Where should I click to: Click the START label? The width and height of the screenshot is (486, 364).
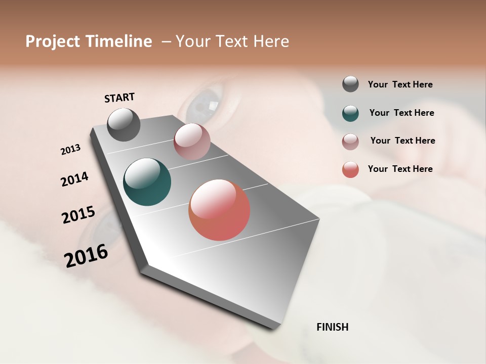click(119, 98)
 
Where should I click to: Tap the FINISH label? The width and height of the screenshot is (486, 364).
click(332, 327)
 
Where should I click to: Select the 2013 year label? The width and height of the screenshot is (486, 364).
click(70, 150)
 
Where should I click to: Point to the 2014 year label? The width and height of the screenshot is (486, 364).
click(74, 179)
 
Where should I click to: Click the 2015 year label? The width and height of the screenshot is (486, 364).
click(78, 215)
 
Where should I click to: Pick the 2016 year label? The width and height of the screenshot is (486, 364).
click(86, 255)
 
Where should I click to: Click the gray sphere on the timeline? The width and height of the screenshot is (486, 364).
click(124, 124)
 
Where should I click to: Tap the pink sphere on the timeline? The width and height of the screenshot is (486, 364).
click(192, 141)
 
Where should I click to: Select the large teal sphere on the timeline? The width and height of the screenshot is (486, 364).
click(147, 182)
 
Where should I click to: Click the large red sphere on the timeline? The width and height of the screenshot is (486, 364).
click(219, 210)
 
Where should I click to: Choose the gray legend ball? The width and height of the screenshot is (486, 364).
click(350, 84)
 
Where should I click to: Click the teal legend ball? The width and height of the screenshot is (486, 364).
click(350, 113)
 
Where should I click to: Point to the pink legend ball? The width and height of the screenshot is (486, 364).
click(350, 142)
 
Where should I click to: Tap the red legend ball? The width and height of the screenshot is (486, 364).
click(350, 169)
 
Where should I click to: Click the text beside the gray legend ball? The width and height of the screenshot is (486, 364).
click(400, 84)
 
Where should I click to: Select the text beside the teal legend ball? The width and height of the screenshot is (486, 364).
click(401, 113)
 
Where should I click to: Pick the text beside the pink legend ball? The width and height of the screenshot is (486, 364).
click(402, 141)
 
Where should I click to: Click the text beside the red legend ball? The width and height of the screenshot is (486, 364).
click(400, 169)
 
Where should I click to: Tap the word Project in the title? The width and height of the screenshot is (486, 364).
click(53, 41)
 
